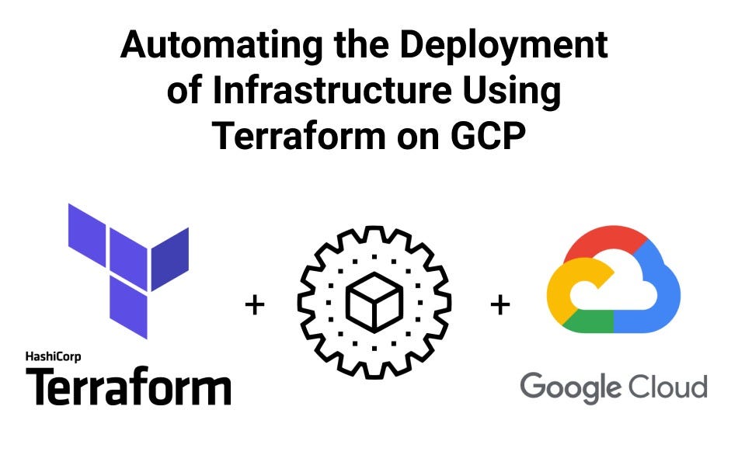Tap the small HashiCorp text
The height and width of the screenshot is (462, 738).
53,357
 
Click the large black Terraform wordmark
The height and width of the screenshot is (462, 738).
129,387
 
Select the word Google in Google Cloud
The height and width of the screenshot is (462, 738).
570,386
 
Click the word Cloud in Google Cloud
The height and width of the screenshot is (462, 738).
667,385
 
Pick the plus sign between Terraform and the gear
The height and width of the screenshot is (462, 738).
254,305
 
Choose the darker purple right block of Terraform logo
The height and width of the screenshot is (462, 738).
169,256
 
